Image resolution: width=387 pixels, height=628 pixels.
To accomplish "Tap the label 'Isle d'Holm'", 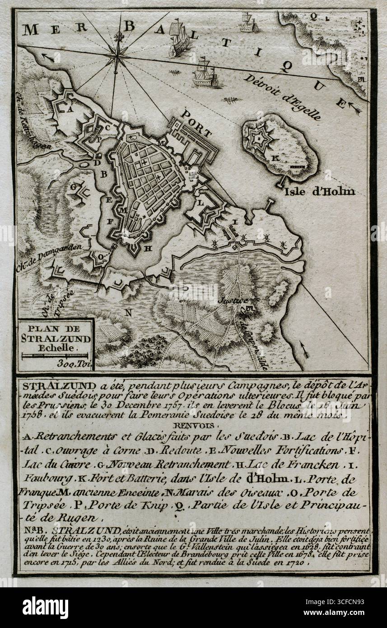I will click(x=319, y=191).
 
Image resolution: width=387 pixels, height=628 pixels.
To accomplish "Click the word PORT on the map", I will click(x=196, y=122).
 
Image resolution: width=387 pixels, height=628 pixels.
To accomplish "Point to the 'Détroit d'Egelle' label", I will click(x=283, y=96).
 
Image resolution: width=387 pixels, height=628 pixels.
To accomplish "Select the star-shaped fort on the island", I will click(x=257, y=139).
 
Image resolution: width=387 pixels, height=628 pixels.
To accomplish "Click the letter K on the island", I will click(x=274, y=158).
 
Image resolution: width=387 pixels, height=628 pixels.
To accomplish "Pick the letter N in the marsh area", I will click(x=129, y=312).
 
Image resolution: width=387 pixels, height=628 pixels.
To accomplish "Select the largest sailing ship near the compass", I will click(x=179, y=38).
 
